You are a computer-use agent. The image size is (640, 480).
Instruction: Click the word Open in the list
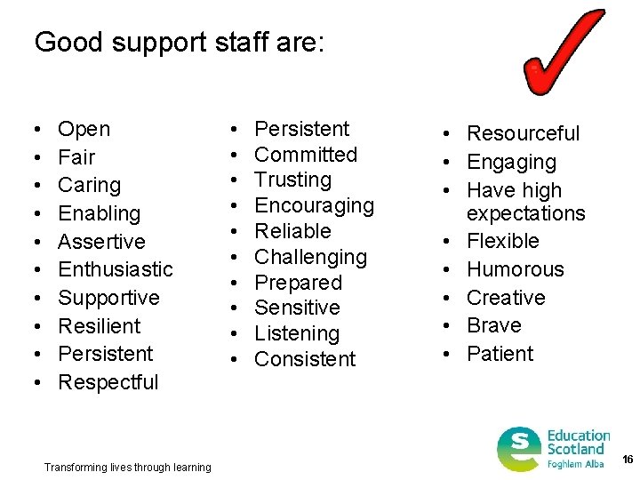(x=84, y=130)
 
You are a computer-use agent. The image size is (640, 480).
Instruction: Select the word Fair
(x=76, y=157)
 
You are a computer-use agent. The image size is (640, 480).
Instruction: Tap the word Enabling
(x=99, y=213)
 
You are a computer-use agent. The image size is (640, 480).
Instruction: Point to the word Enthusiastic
(x=116, y=269)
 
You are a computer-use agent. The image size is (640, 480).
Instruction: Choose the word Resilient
(x=99, y=326)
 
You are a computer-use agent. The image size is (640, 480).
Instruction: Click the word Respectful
(x=108, y=382)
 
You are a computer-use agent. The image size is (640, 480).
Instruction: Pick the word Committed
(x=306, y=155)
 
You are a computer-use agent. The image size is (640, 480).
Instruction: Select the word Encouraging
(x=314, y=205)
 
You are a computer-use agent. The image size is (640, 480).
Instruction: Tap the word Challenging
(x=310, y=257)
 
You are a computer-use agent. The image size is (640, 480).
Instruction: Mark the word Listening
(x=297, y=333)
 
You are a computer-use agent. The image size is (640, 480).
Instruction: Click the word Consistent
(x=305, y=359)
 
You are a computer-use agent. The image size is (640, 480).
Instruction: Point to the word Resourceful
(x=523, y=133)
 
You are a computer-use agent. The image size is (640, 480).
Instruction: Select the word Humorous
(x=516, y=269)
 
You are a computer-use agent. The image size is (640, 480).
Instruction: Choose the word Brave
(x=494, y=325)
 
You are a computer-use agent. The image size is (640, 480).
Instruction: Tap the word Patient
(x=500, y=354)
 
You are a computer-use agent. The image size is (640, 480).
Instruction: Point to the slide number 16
(x=628, y=460)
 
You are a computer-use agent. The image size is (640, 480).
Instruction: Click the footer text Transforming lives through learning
(x=127, y=468)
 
